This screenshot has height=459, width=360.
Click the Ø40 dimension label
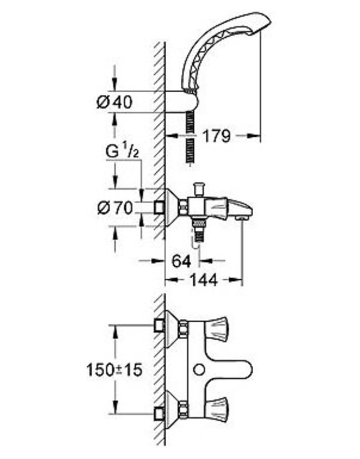tap(115, 102)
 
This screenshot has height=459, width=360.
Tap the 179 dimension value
tap(216, 136)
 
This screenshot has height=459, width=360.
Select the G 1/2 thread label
tap(122, 152)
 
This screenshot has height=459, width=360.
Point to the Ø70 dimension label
tap(115, 208)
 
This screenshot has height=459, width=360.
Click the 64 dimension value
tap(181, 261)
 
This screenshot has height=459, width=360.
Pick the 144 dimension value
tap(204, 280)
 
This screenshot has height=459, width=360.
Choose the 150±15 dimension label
tap(114, 370)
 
